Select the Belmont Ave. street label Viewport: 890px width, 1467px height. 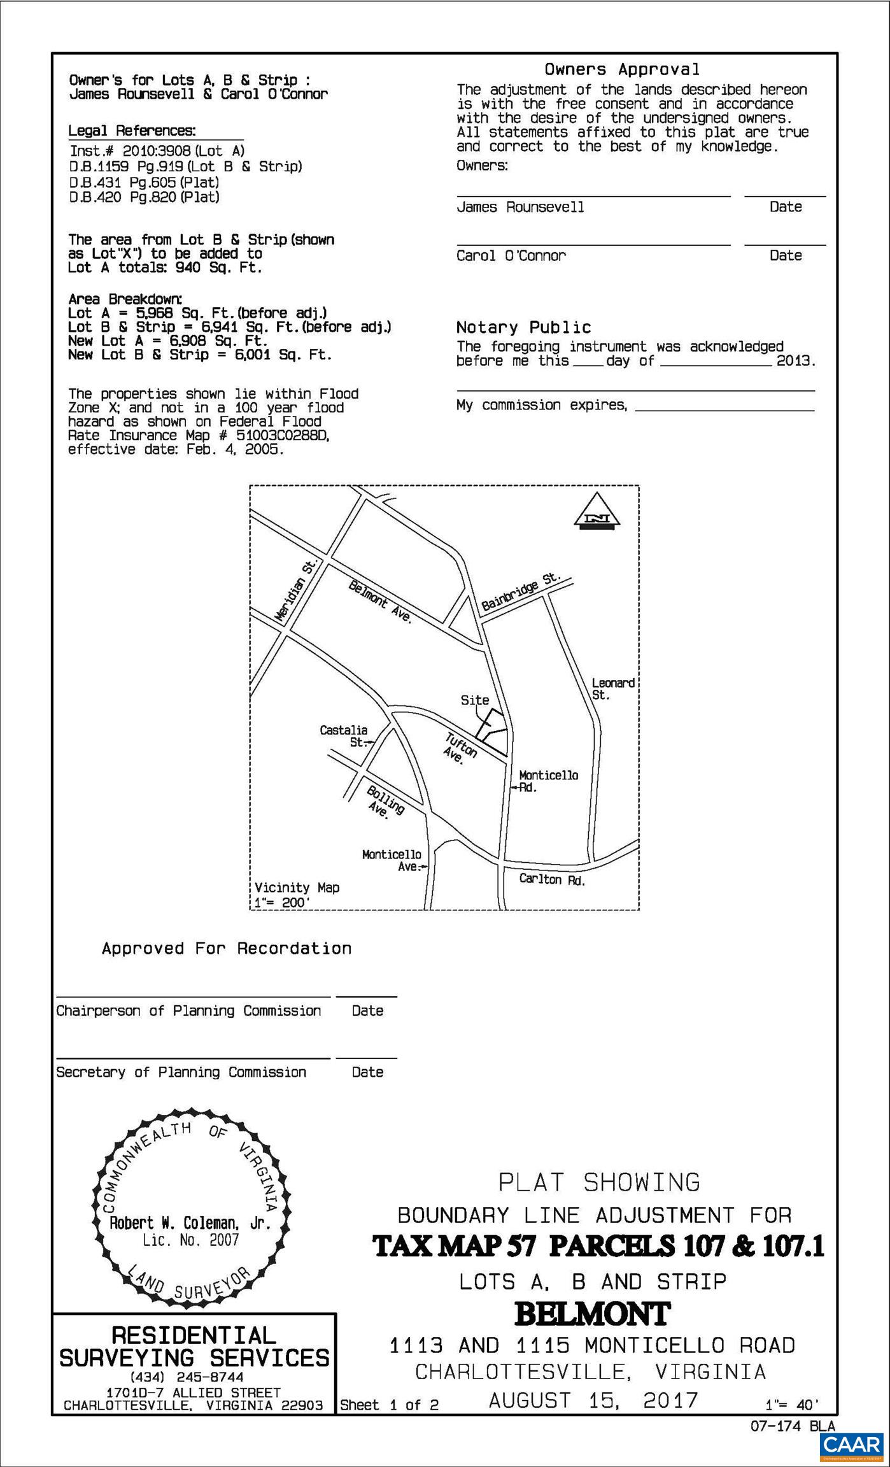click(x=381, y=602)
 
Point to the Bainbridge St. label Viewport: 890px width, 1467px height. click(x=521, y=592)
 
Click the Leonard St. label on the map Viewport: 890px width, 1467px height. click(x=612, y=689)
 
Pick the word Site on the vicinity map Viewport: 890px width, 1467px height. click(x=475, y=700)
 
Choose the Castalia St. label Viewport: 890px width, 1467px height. click(x=344, y=736)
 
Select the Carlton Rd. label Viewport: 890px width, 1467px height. click(x=552, y=879)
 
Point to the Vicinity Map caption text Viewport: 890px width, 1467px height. click(x=297, y=888)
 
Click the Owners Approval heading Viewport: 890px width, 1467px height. click(x=621, y=69)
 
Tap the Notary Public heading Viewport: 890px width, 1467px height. click(x=523, y=327)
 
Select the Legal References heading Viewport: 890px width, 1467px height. click(x=132, y=131)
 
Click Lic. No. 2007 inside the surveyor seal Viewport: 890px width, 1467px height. click(x=190, y=1240)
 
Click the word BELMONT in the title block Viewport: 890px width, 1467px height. click(x=592, y=1314)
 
